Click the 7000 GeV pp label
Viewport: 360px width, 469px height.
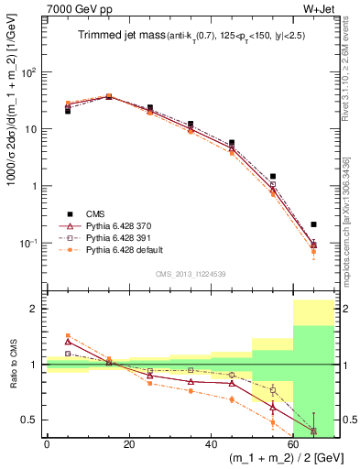click(x=74, y=11)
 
